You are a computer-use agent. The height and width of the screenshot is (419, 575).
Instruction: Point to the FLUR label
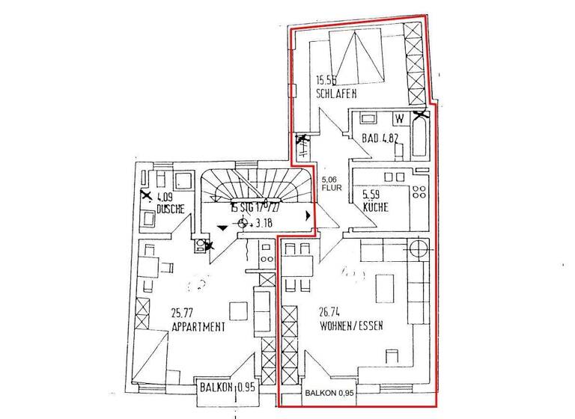tap(332, 189)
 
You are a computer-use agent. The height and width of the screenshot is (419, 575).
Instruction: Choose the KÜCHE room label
tap(374, 207)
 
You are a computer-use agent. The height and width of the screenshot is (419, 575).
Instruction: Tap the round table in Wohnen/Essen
tap(418, 248)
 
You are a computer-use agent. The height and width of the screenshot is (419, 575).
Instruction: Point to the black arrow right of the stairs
tap(308, 215)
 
